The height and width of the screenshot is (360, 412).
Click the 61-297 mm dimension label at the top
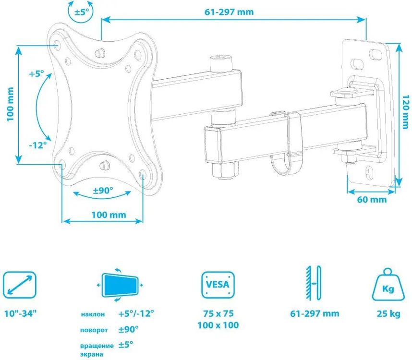tap(229, 12)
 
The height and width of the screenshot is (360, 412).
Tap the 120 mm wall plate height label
tap(406, 112)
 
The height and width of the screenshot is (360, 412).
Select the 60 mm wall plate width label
tap(372, 200)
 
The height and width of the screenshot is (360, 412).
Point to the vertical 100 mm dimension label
tap(10, 104)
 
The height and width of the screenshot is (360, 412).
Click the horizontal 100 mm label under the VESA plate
tap(109, 215)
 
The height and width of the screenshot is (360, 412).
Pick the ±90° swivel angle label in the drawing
tap(103, 191)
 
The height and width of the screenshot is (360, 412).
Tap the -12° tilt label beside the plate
tap(37, 145)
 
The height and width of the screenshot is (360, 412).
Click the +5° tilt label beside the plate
tap(36, 74)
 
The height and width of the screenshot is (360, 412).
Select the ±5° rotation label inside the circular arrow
tap(82, 12)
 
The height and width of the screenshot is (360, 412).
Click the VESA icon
tap(218, 285)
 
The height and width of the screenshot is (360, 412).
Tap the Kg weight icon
tap(388, 285)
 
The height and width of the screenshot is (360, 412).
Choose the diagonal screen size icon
tap(20, 285)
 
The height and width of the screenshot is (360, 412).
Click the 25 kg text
tap(388, 313)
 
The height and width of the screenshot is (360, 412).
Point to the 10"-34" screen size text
tap(21, 313)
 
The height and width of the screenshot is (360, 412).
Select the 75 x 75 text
tap(218, 313)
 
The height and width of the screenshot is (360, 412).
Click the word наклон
tap(93, 314)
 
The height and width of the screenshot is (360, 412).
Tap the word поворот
tap(94, 330)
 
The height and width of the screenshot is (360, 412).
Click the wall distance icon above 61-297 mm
tap(314, 283)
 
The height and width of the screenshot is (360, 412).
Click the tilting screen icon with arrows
tap(120, 285)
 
